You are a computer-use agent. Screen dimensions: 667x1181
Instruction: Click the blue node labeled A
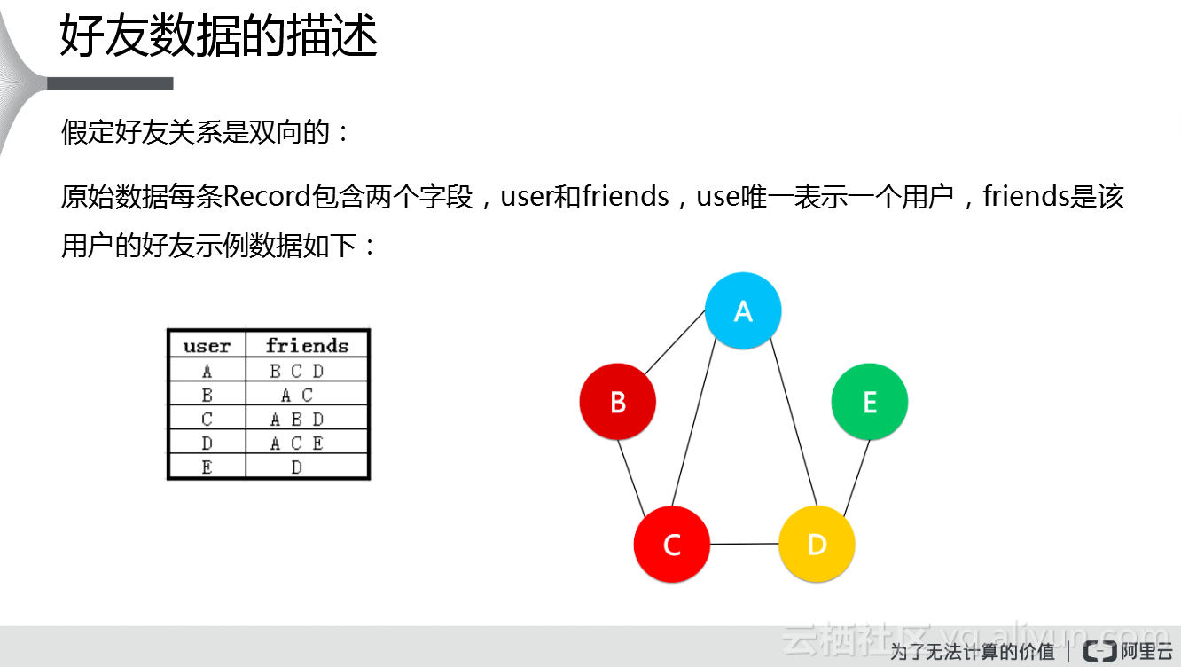coord(743,310)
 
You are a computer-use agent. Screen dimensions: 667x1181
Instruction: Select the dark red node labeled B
coord(618,402)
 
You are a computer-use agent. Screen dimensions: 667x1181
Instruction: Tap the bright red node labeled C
coord(672,544)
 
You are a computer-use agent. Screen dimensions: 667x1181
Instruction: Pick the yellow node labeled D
coord(817,544)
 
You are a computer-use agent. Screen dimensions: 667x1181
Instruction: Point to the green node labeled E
coord(869,402)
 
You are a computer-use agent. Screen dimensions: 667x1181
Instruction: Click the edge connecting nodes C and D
coord(745,544)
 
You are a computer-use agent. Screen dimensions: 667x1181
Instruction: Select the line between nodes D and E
coord(856,478)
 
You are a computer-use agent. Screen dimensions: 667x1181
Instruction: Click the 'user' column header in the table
coord(207,345)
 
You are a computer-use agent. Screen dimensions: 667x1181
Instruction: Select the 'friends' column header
coord(307,345)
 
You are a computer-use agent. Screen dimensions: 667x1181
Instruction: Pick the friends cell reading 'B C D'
coord(297,372)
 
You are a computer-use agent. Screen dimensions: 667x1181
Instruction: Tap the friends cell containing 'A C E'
coord(297,443)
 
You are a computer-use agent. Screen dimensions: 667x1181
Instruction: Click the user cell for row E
coord(207,467)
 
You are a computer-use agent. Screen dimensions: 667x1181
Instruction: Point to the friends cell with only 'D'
coord(297,467)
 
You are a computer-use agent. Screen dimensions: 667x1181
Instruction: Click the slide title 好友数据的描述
coord(219,37)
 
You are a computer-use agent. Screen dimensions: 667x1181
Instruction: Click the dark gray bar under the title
coord(110,83)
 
